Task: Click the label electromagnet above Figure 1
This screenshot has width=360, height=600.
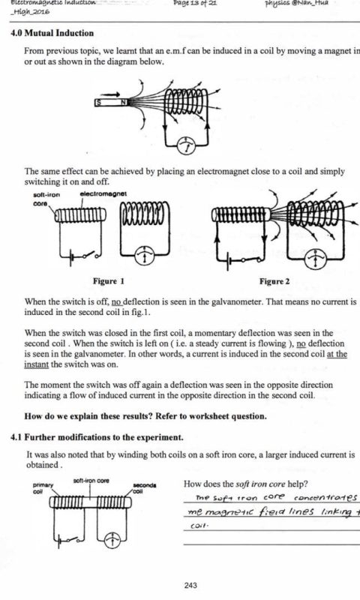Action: (103, 193)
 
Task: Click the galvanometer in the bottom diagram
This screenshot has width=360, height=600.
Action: (112, 538)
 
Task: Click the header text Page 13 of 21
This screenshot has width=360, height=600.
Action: (196, 3)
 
